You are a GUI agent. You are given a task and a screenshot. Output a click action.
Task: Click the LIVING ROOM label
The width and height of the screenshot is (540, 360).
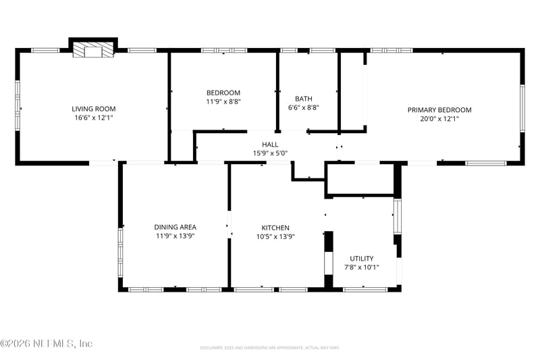coord(94,109)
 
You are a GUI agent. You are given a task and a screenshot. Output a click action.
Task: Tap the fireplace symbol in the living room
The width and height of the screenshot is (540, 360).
coord(94,51)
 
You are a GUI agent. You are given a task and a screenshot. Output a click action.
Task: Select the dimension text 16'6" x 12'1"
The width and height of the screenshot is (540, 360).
coord(94,118)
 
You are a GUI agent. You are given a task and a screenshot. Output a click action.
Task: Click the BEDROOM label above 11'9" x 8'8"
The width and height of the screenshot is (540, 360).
coord(223,93)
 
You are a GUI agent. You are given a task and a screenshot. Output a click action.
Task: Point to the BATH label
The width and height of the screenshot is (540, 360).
coord(303,99)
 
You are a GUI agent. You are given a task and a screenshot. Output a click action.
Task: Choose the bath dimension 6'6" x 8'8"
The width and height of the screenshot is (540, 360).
coord(303,107)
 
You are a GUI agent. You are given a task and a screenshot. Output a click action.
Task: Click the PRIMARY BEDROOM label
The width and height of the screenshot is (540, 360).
coord(439,110)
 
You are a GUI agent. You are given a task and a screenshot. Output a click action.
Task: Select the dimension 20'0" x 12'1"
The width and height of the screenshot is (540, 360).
coord(439,119)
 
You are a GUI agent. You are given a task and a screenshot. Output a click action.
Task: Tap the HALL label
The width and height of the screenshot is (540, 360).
coord(270,145)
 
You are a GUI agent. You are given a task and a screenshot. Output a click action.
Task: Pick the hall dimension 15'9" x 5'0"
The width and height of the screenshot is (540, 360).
coord(270,153)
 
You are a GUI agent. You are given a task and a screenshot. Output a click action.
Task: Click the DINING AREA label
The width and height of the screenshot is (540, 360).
coord(175,228)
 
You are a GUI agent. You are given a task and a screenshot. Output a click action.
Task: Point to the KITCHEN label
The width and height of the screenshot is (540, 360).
coord(275,228)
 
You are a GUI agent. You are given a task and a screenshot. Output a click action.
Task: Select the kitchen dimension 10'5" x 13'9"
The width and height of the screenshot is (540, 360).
coord(275,236)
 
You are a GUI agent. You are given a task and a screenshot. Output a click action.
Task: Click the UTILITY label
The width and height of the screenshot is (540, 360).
coord(361,259)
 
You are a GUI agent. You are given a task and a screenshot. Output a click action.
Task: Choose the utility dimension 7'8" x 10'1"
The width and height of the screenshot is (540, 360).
coord(361,267)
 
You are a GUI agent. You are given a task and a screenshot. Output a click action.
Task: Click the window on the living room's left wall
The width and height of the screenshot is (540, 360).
coord(18,108)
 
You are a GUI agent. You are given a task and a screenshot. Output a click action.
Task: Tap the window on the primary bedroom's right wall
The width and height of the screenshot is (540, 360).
coord(522,108)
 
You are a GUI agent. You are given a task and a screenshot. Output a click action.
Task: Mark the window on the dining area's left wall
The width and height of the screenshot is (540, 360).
coord(121,253)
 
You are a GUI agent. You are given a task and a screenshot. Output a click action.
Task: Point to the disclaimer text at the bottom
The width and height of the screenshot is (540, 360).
coord(269,348)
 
